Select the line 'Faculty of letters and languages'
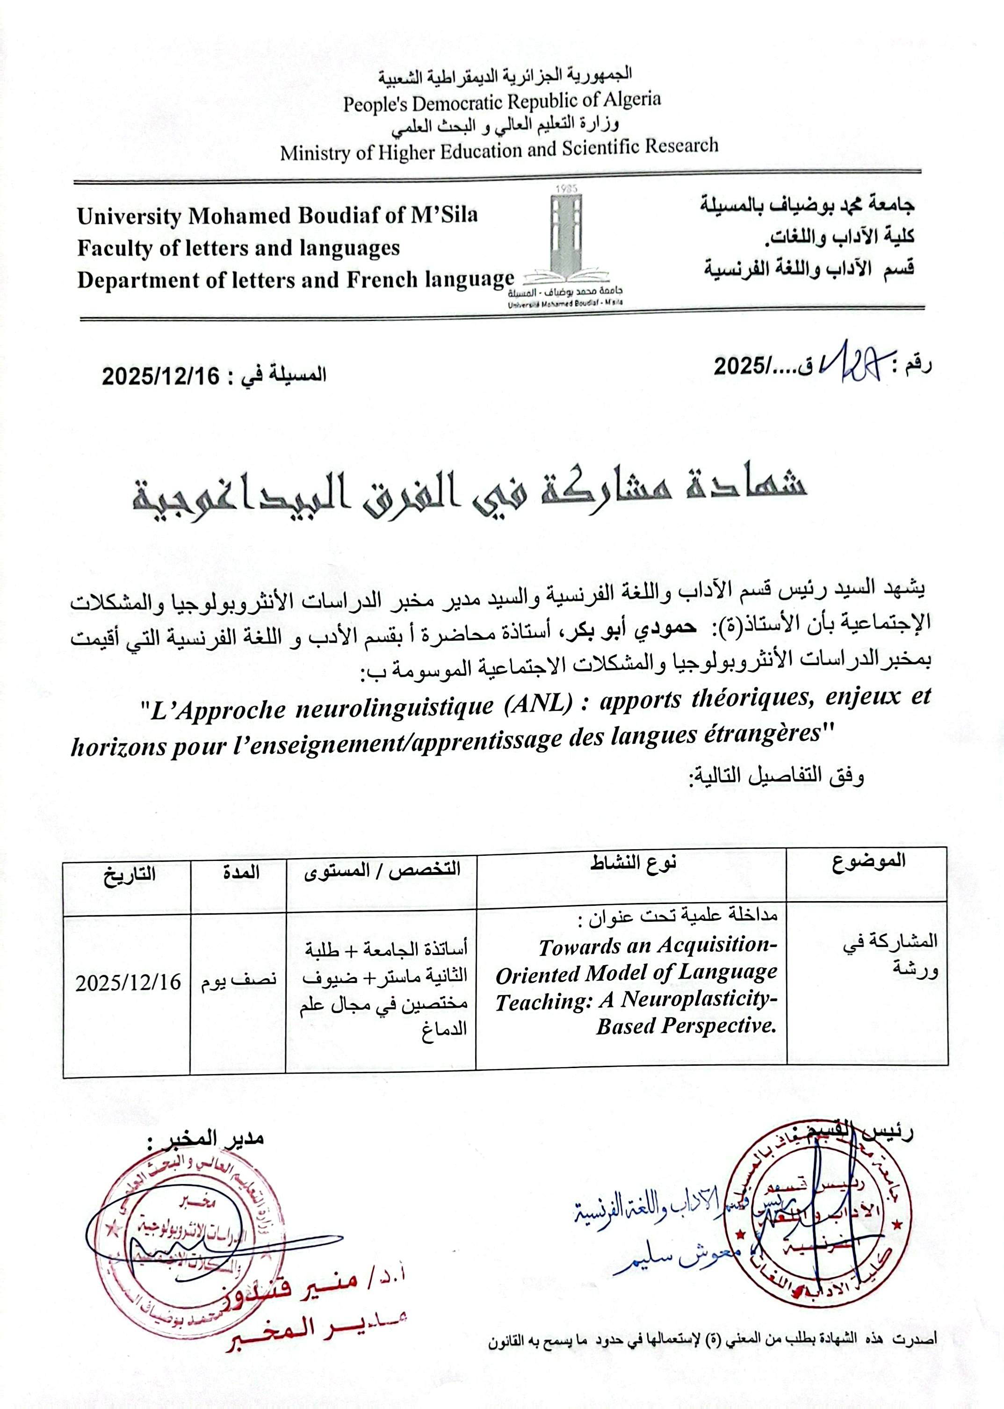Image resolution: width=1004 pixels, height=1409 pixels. point(238,248)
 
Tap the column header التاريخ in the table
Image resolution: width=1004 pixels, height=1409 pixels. point(129,874)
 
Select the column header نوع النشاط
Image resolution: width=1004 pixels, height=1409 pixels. point(632,864)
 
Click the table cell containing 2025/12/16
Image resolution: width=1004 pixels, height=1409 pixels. point(128,982)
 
